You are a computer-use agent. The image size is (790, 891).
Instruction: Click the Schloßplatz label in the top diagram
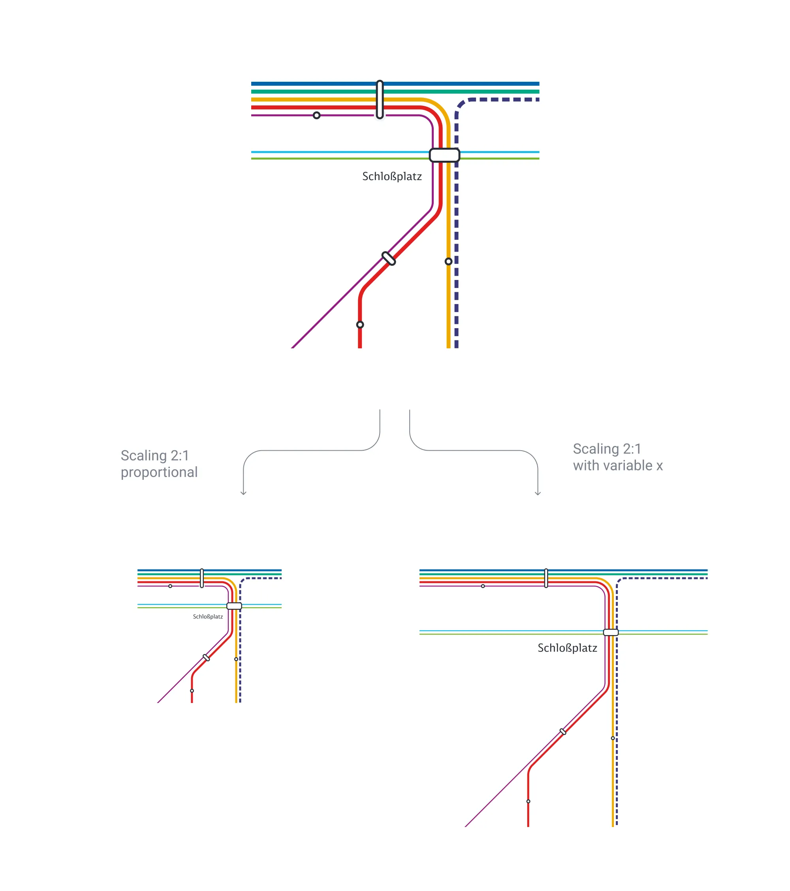pos(391,177)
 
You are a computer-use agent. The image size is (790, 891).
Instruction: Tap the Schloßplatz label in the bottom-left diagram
pos(207,617)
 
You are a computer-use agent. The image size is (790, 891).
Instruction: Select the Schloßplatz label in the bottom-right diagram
pos(567,648)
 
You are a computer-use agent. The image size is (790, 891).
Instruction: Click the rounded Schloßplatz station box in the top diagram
pos(444,155)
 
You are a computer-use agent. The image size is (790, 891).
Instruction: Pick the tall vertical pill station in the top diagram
pos(380,100)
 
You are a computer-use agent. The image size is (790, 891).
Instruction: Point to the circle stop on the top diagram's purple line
pos(316,115)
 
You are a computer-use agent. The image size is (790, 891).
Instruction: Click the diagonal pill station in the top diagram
pos(388,259)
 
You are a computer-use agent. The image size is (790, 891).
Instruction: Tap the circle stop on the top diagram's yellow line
pos(448,261)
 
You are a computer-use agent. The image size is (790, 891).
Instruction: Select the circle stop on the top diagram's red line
pos(360,325)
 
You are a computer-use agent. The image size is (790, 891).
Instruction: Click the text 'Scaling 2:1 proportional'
pos(159,464)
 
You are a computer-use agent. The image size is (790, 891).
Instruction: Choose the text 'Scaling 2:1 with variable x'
pos(617,457)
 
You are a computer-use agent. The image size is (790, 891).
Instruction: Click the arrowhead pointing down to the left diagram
pos(243,493)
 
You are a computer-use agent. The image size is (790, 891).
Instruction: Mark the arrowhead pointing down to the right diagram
pos(538,493)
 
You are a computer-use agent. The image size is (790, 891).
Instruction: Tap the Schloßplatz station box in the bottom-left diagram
pos(234,606)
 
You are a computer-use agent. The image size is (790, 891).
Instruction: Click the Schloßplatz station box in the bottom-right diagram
pos(610,632)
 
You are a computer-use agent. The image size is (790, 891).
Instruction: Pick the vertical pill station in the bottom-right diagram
pos(546,578)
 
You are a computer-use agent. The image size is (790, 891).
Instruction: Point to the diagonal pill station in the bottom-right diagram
pos(563,732)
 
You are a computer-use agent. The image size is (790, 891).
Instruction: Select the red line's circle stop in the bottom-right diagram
pos(528,801)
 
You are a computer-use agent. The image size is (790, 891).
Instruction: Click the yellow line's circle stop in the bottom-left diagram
pos(236,659)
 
